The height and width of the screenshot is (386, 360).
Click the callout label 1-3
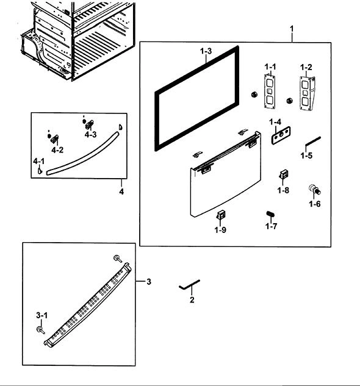tap(206, 51)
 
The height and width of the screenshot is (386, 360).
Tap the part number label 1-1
tap(270, 66)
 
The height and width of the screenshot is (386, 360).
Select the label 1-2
tap(306, 67)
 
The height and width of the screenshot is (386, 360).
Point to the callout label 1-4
tap(275, 121)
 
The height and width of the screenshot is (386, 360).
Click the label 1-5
tap(306, 155)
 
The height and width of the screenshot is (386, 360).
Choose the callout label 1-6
tap(315, 204)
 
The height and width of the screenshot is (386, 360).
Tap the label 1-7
tap(271, 226)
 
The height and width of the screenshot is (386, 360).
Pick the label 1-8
tap(283, 190)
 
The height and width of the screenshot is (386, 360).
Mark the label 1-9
tap(220, 230)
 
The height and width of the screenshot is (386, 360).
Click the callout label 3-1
tap(42, 315)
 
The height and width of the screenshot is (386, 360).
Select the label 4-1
tap(39, 161)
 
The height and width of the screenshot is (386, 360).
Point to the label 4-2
tap(57, 150)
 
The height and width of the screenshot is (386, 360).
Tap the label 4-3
tap(91, 134)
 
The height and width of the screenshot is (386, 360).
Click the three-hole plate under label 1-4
tap(281, 135)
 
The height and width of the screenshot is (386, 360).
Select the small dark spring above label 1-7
tap(270, 214)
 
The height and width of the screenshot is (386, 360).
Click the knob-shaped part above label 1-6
tap(315, 189)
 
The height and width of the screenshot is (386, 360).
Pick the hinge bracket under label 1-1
tap(270, 91)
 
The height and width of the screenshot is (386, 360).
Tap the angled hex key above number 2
tap(189, 285)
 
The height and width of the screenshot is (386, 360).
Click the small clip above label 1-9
tap(221, 215)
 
